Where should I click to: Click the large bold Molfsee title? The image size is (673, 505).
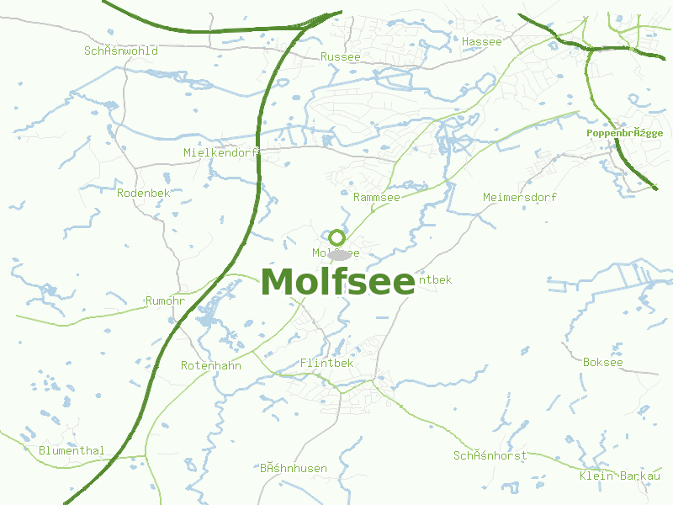(337, 282)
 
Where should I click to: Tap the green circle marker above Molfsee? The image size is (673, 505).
(336, 237)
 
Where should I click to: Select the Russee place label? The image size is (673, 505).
(340, 56)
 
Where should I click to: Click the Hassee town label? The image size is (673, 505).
(481, 41)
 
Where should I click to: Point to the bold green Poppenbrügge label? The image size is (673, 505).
(624, 133)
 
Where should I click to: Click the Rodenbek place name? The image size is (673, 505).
(143, 193)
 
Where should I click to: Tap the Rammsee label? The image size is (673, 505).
(377, 197)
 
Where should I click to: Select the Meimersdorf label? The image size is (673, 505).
(520, 197)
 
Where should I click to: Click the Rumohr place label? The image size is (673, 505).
(165, 300)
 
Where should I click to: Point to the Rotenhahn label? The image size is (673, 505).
(211, 365)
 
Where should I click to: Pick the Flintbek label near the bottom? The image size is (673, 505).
(326, 363)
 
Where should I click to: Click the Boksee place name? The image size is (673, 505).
(603, 362)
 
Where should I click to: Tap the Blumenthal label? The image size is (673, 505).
(72, 450)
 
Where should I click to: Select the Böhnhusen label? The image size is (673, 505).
(293, 468)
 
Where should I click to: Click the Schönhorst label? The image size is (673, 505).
(490, 455)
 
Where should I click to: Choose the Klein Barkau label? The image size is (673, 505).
(619, 476)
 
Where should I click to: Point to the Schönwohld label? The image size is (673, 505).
(121, 50)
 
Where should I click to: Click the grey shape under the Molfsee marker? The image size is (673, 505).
(339, 252)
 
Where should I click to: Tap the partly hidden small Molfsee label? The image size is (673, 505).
(321, 252)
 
